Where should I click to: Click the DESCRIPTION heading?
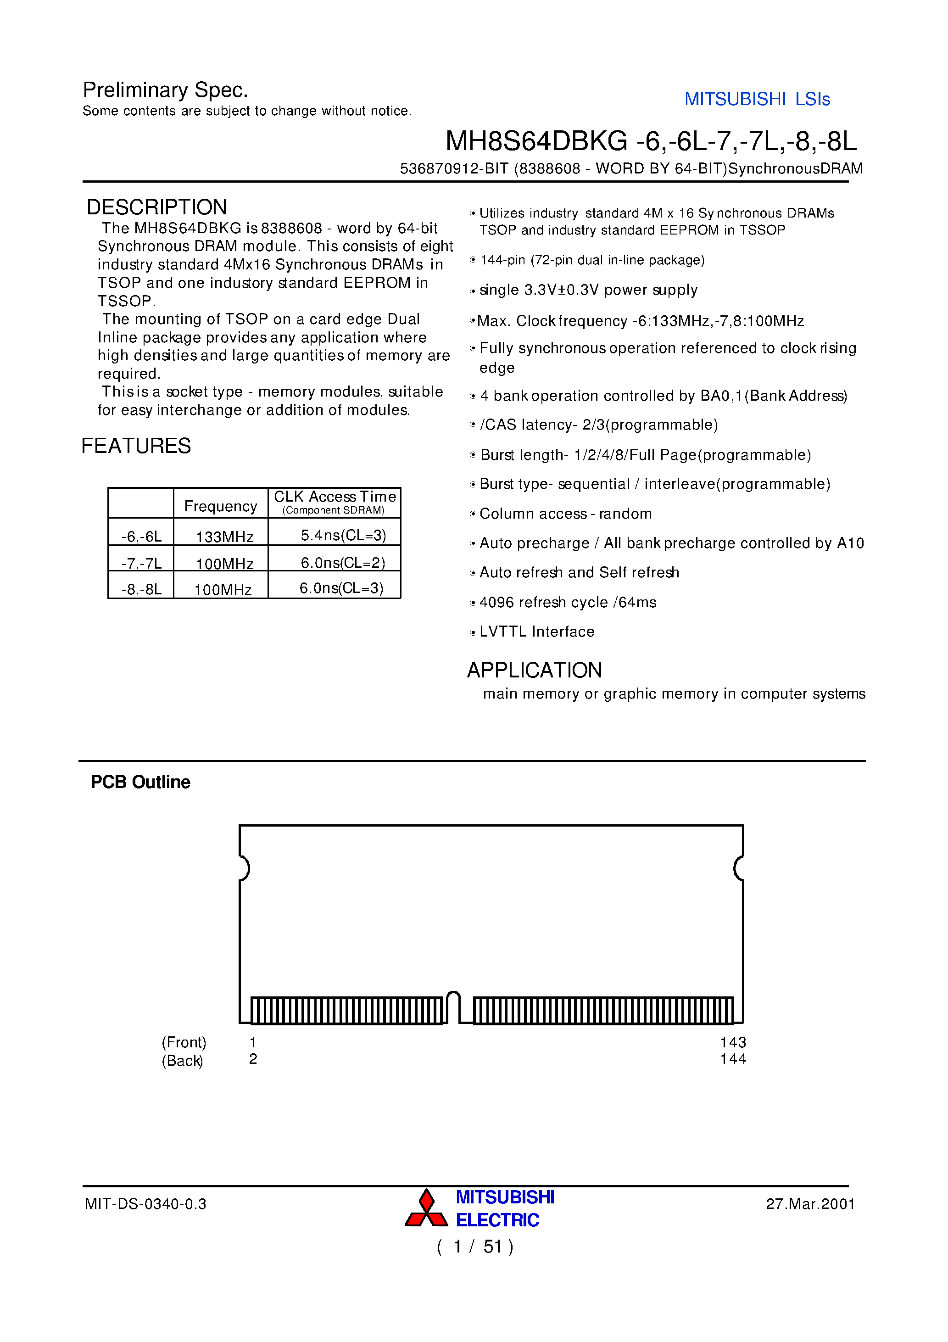[x=156, y=207]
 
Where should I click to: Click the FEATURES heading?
[x=136, y=446]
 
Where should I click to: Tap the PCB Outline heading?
[x=140, y=782]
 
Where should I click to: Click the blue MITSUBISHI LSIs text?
[x=757, y=99]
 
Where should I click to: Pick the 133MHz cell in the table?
[x=224, y=537]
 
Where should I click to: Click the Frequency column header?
[x=220, y=506]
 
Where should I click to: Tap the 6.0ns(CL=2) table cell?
[x=342, y=563]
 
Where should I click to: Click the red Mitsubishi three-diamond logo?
[x=426, y=1209]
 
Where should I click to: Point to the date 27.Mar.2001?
[x=810, y=1204]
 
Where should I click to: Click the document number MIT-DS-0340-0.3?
[x=145, y=1204]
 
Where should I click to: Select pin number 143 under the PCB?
[x=733, y=1042]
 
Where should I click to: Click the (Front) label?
[x=184, y=1042]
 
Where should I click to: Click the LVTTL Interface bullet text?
[x=536, y=632]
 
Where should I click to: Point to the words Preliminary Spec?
[x=165, y=90]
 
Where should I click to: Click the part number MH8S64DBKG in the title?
[x=536, y=141]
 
